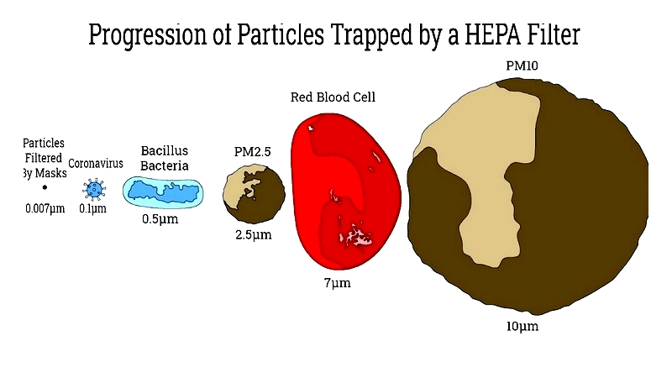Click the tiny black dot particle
tap(45, 187)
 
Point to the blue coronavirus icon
tap(94, 189)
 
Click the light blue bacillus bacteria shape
tap(163, 192)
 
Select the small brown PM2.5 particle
tap(254, 195)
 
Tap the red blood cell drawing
tap(345, 191)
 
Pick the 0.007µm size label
tap(45, 208)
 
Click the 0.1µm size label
tap(92, 208)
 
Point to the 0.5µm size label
tap(160, 219)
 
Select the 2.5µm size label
tap(254, 235)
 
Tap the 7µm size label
tap(338, 283)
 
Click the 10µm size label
tap(522, 326)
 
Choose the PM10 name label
tap(522, 66)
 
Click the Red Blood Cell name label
tap(333, 97)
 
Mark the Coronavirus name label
tap(96, 163)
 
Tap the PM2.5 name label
tap(253, 152)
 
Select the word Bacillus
tap(165, 151)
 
